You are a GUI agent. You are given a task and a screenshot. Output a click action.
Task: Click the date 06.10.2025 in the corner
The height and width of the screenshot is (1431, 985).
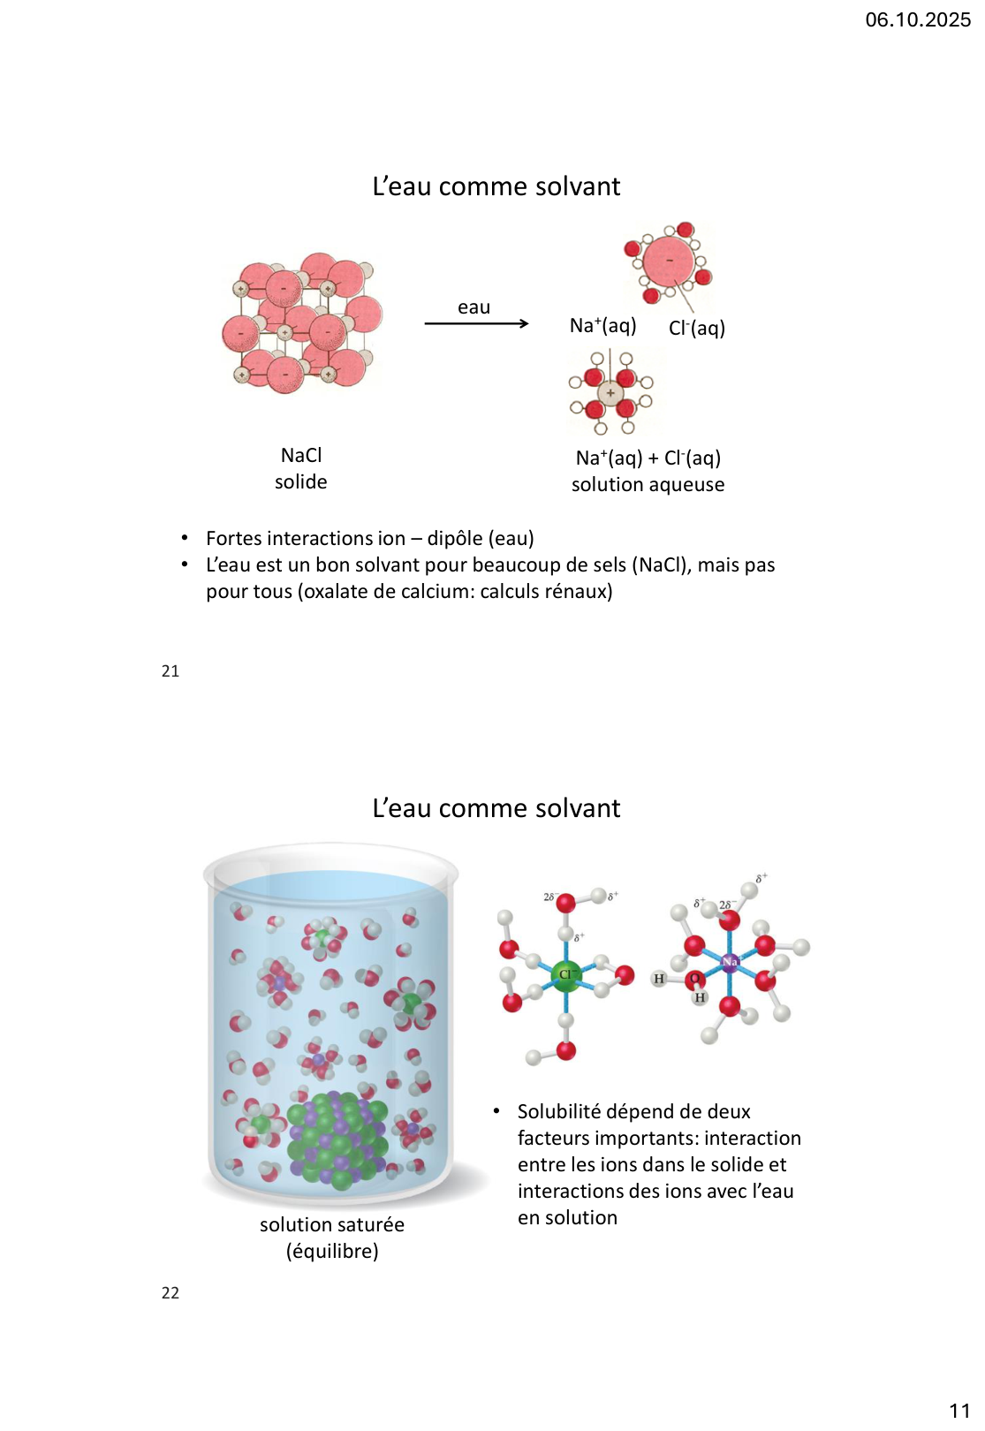(917, 19)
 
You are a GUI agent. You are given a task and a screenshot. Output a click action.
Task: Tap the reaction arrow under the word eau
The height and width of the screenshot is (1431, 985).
(476, 323)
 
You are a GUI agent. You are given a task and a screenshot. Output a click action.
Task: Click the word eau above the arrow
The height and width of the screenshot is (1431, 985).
(474, 307)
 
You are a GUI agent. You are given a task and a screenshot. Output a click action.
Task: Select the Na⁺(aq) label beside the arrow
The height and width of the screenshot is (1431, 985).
(602, 325)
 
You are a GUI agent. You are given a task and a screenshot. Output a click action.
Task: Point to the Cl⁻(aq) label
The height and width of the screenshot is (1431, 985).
(696, 328)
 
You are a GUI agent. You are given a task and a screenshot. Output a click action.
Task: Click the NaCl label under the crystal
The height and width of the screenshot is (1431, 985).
(301, 455)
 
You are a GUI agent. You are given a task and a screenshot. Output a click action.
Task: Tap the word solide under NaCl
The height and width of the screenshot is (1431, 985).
(301, 481)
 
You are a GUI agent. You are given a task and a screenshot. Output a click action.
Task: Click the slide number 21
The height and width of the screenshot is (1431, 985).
(170, 671)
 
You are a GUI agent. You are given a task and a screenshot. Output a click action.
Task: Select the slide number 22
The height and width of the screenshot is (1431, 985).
(170, 1293)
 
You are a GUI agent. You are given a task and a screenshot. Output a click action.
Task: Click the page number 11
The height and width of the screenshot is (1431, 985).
(959, 1411)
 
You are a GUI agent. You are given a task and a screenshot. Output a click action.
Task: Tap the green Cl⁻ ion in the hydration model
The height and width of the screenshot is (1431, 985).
(565, 975)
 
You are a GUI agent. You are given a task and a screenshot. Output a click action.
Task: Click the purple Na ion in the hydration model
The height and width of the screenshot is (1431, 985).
(730, 962)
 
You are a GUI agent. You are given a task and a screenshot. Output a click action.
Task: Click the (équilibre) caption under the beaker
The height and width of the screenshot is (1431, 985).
(332, 1251)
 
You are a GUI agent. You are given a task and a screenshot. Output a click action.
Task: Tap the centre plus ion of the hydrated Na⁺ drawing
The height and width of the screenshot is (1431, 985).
(610, 392)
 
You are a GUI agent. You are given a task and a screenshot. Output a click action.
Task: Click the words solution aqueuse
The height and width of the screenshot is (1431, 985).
(648, 484)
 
